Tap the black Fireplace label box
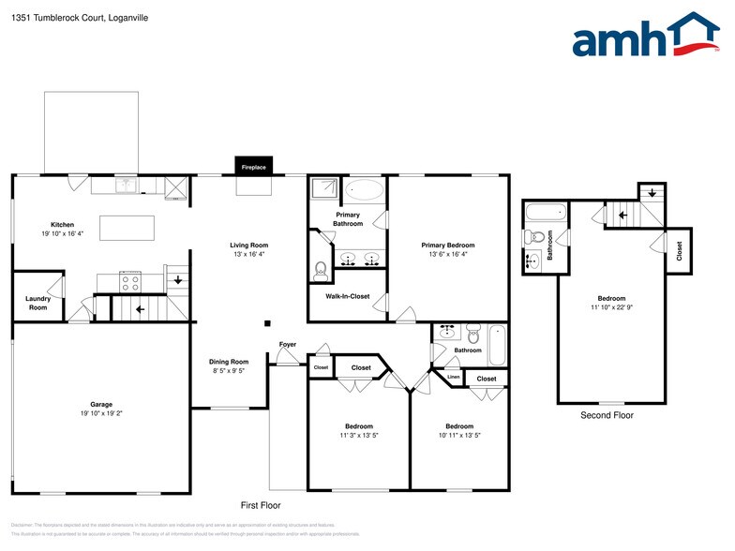pos(254,167)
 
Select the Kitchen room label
pos(62,225)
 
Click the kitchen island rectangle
pos(127,228)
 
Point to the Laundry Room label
pos(37,304)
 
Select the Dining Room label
pos(228,362)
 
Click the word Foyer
pos(288,345)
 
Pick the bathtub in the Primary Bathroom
pos(364,192)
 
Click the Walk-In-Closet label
pos(348,296)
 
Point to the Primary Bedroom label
pos(447,246)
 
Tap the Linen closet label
pos(454,377)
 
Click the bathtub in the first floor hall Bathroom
pos(497,344)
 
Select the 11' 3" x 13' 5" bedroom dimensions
pos(358,435)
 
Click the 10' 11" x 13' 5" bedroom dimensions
pos(459,435)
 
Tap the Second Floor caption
pos(607,415)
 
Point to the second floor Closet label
pos(679,250)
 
